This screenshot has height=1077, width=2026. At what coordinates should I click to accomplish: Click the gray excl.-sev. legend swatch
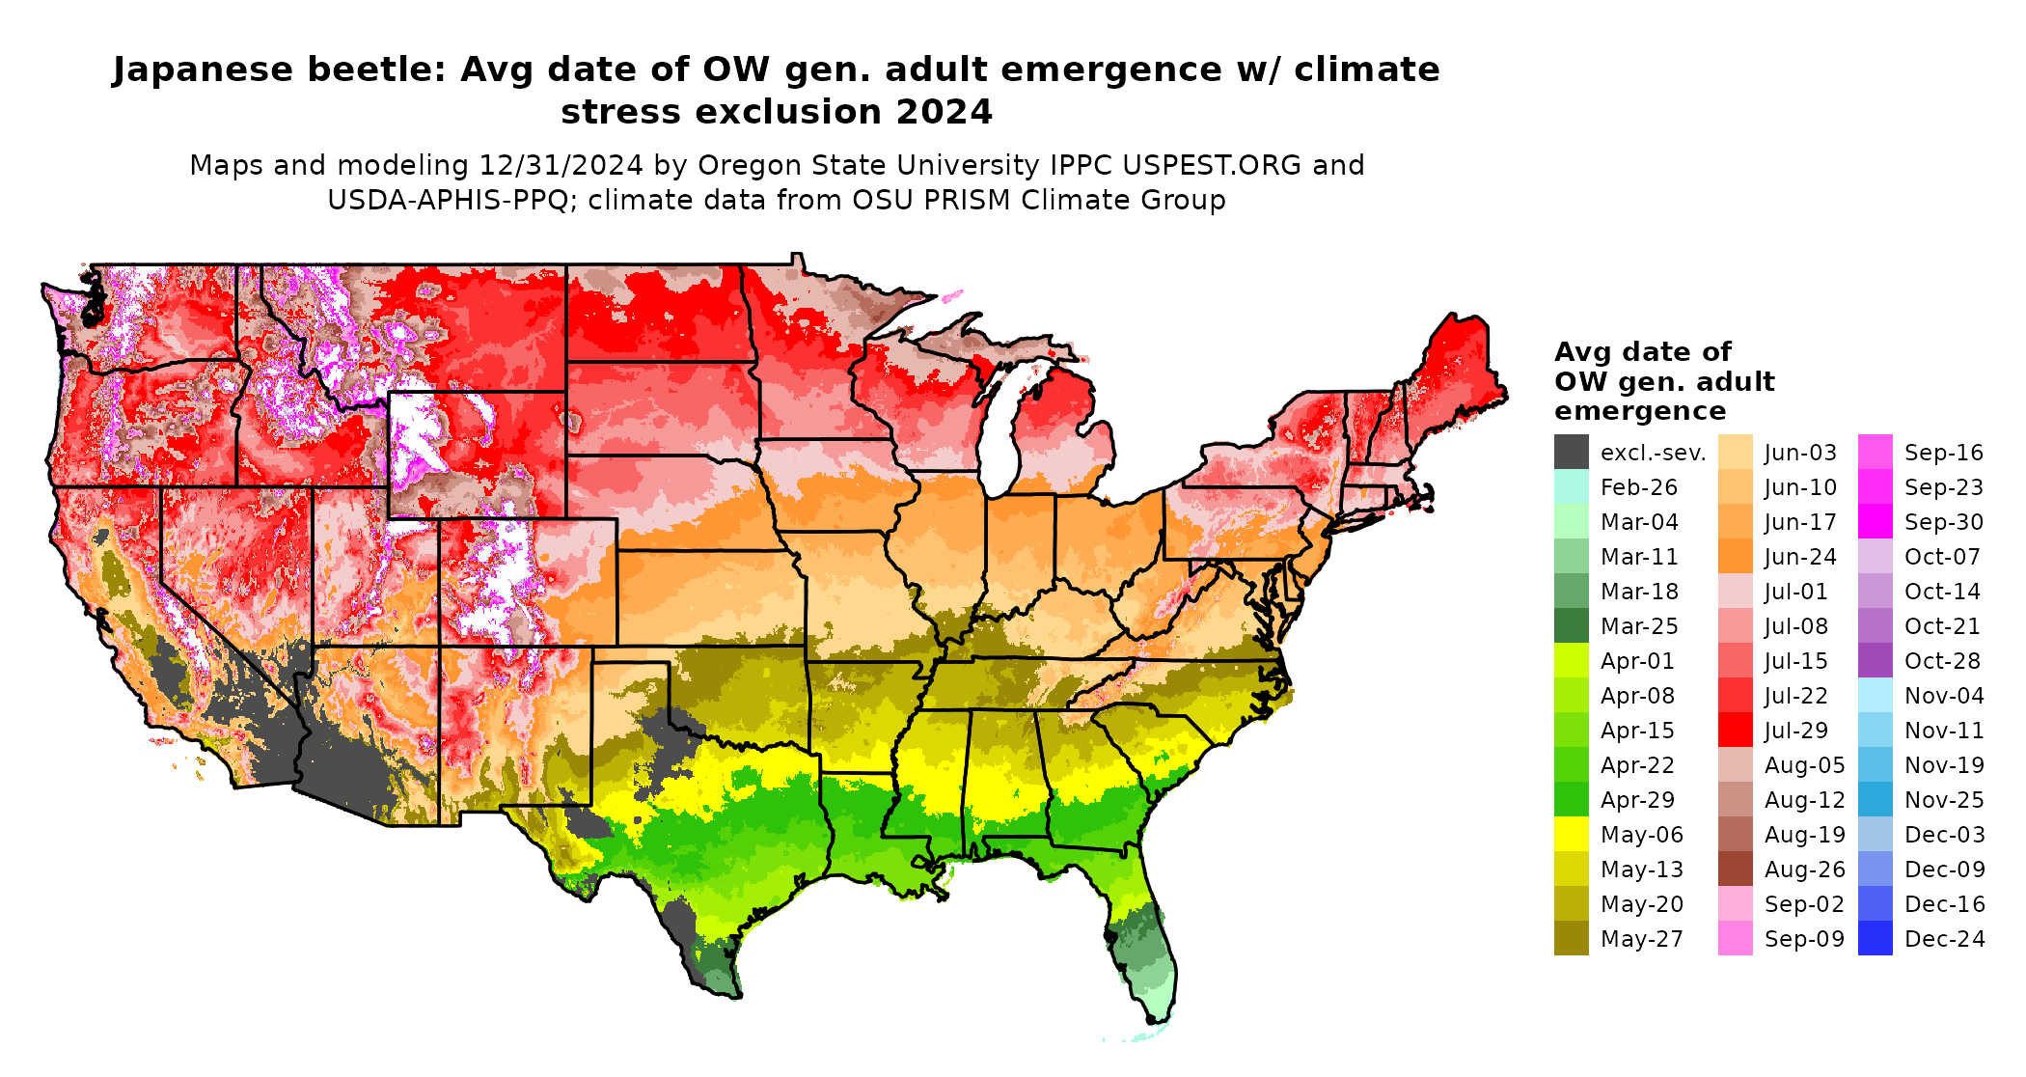point(1571,452)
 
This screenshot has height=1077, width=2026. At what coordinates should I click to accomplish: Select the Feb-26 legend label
point(1638,487)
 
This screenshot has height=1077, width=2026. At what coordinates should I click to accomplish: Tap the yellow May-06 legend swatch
point(1571,834)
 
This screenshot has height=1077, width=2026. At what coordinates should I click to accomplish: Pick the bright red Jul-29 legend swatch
point(1735,730)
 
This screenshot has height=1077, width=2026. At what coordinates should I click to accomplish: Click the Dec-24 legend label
point(1944,939)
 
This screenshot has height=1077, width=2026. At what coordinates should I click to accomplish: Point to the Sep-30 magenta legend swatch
point(1875,522)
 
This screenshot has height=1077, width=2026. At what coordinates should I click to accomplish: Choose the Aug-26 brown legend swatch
point(1735,869)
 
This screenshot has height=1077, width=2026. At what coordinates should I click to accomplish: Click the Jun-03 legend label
point(1800,453)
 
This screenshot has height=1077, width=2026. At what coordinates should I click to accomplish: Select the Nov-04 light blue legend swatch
point(1875,695)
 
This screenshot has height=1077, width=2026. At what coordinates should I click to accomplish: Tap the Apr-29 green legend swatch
point(1571,799)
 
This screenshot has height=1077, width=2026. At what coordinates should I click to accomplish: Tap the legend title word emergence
point(1639,411)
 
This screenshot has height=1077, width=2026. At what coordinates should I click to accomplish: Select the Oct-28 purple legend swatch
point(1875,660)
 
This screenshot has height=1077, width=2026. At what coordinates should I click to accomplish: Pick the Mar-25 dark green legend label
point(1638,626)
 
